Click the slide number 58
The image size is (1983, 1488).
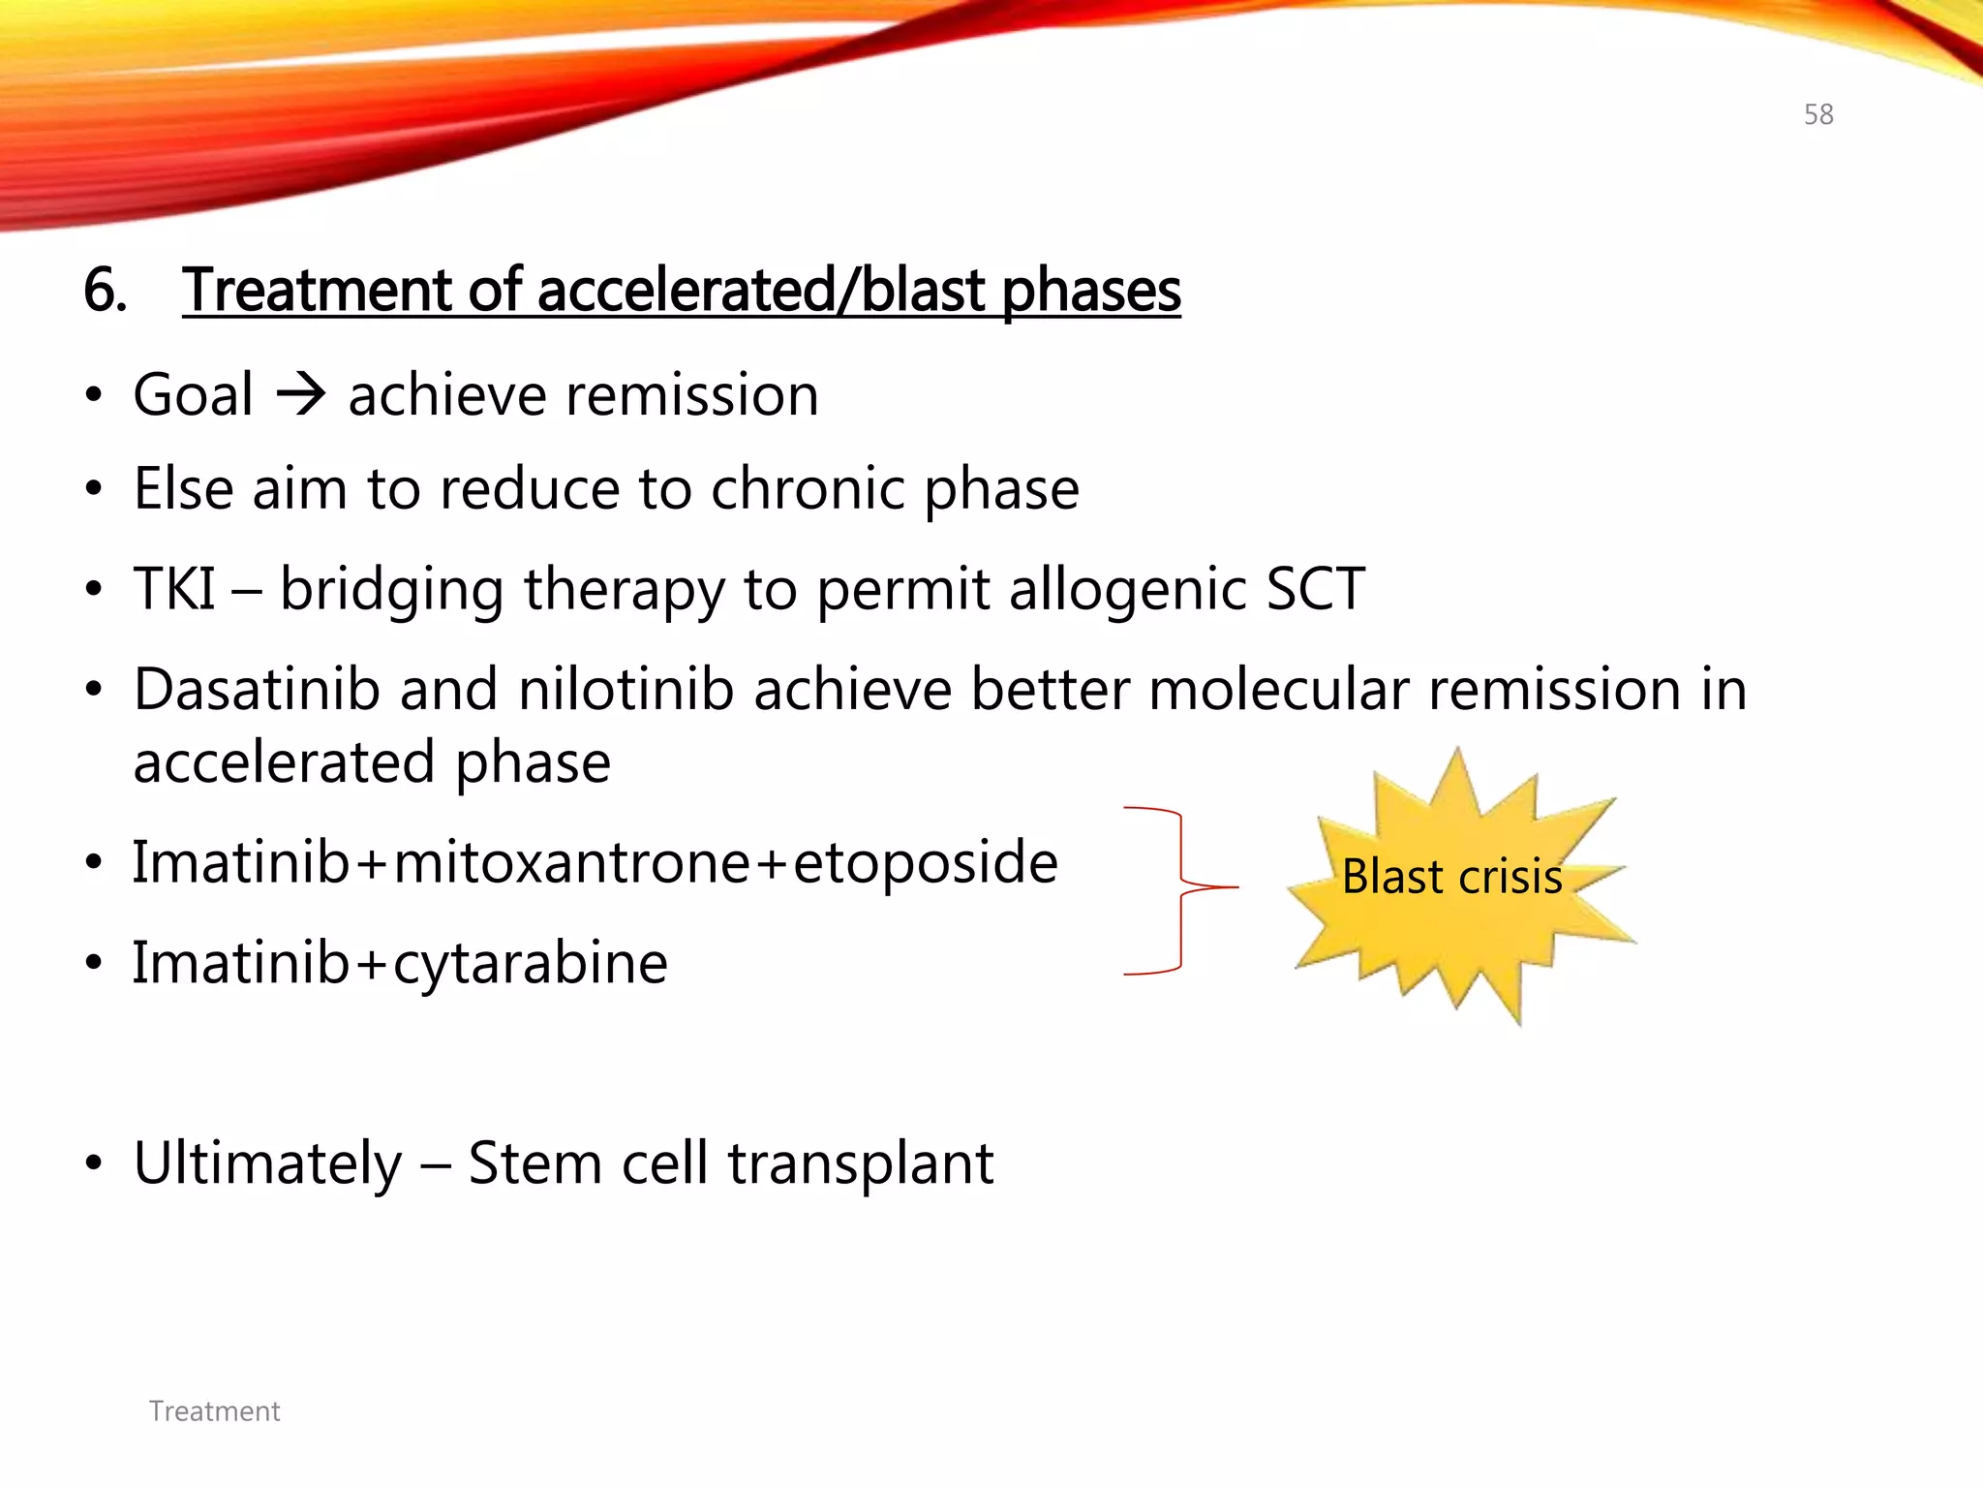1817,114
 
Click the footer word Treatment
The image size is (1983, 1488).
214,1410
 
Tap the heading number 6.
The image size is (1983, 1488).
105,290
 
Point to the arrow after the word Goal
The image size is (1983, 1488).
301,395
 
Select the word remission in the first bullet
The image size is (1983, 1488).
692,395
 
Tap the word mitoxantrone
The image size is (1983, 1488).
571,862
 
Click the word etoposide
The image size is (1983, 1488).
925,862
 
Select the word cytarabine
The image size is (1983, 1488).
530,963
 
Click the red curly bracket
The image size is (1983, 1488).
1180,888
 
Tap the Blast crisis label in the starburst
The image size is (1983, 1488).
1451,877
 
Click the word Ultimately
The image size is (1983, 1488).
267,1162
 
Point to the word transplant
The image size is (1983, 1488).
861,1162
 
